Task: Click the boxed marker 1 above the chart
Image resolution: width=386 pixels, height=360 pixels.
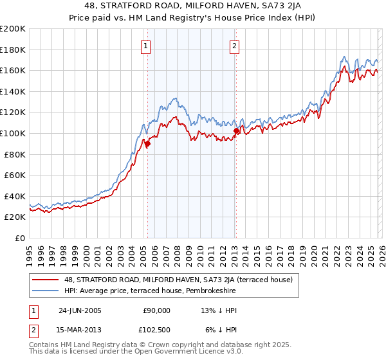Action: (x=147, y=46)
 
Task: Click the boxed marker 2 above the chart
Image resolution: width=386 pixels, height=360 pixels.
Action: (x=235, y=46)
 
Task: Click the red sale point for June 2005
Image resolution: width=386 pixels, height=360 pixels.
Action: (x=147, y=144)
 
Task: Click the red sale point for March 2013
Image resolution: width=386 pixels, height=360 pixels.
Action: (x=235, y=131)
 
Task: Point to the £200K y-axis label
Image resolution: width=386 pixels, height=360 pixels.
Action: (x=13, y=29)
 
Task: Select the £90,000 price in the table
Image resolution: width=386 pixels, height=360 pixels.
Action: (x=156, y=310)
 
